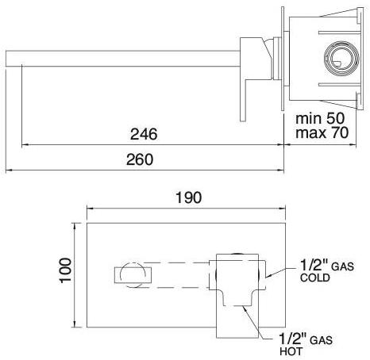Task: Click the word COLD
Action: tap(314, 279)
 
